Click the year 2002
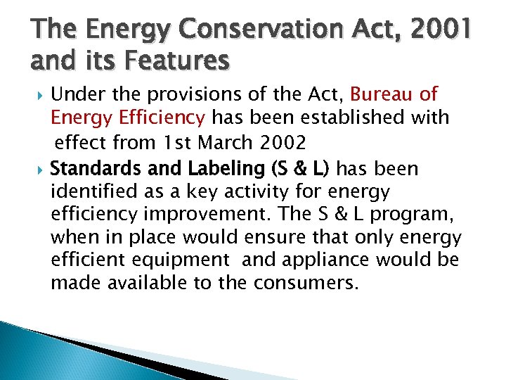tap(283, 143)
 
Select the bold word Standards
tap(94, 169)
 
